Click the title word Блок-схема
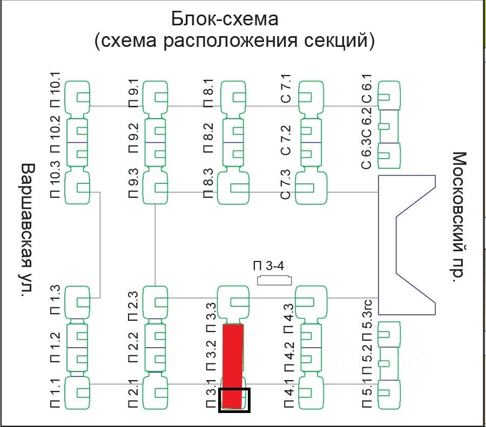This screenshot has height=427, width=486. point(225,19)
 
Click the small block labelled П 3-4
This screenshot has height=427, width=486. point(274,280)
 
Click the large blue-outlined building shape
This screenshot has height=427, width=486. point(408,244)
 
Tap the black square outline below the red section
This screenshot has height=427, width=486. point(234,401)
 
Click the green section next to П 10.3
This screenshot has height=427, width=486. point(78,188)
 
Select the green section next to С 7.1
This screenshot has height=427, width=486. point(312,97)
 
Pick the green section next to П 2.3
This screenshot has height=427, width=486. point(155,301)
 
